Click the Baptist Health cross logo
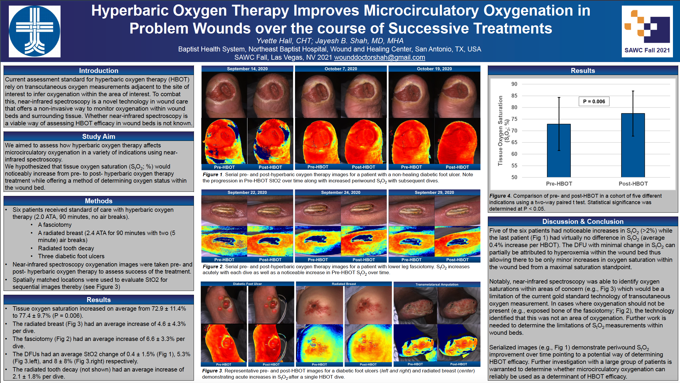click(x=35, y=31)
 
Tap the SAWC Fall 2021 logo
click(x=647, y=31)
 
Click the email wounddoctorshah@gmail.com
click(x=379, y=57)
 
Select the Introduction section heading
click(x=98, y=71)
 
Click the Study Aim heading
click(x=98, y=136)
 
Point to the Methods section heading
click(x=98, y=201)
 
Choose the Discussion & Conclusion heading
click(x=583, y=222)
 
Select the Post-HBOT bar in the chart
click(x=633, y=145)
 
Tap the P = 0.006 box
click(x=594, y=101)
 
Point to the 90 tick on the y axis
click(x=514, y=84)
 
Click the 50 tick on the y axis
click(x=514, y=177)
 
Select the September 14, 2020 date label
click(x=247, y=69)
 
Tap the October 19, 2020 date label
click(x=434, y=69)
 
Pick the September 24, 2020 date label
click(x=341, y=192)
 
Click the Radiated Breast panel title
click(x=344, y=284)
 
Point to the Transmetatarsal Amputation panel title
click(x=437, y=284)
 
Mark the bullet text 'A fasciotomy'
click(x=55, y=225)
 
